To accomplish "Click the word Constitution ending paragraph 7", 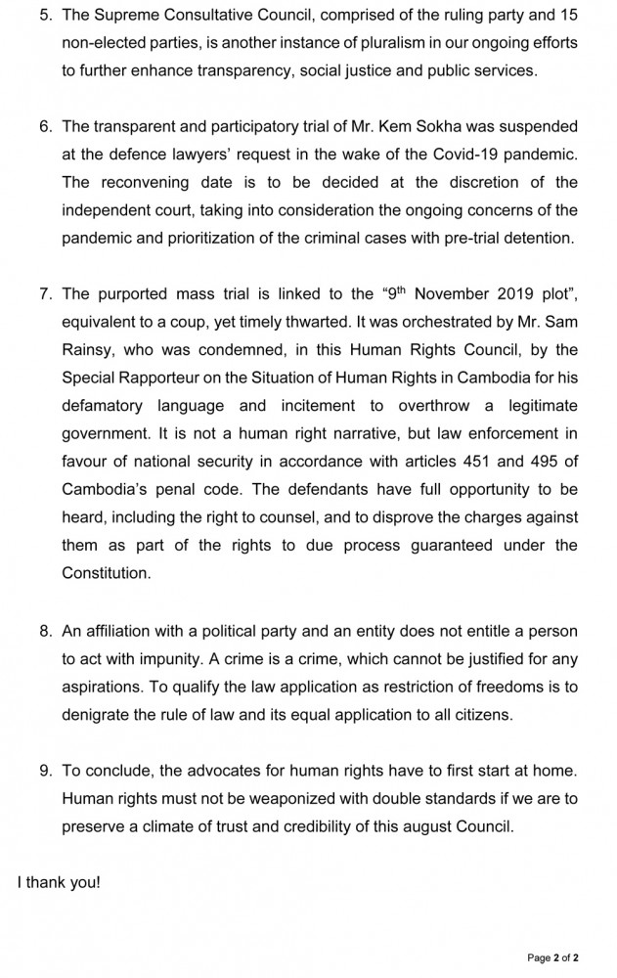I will pos(106,572).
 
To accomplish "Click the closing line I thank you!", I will pos(59,881).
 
